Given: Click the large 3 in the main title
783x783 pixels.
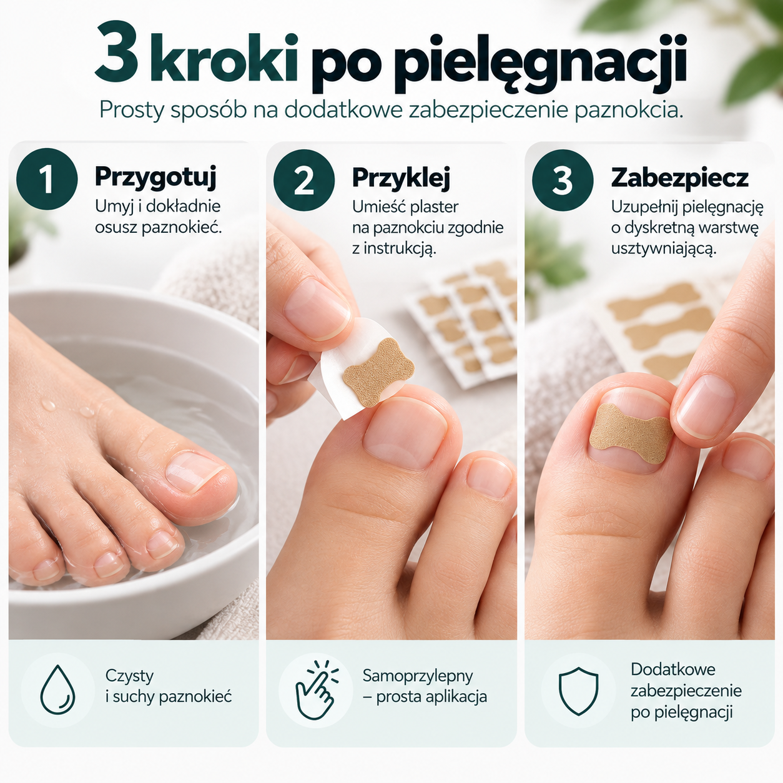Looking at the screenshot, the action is (x=117, y=52).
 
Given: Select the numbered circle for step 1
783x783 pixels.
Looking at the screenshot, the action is (x=47, y=179).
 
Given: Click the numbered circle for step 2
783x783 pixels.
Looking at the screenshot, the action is (x=304, y=180).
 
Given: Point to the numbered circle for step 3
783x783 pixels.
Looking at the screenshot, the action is (x=563, y=180).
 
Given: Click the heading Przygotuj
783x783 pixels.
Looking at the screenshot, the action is (x=155, y=177).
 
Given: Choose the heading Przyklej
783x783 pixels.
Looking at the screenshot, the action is (x=401, y=178).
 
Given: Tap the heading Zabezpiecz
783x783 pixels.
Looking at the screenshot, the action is (x=680, y=178).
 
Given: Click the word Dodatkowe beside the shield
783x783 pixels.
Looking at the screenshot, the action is (x=673, y=669).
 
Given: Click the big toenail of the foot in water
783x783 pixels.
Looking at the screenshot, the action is (x=194, y=471).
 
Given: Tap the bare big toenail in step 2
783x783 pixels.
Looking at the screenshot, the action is (x=404, y=433).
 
